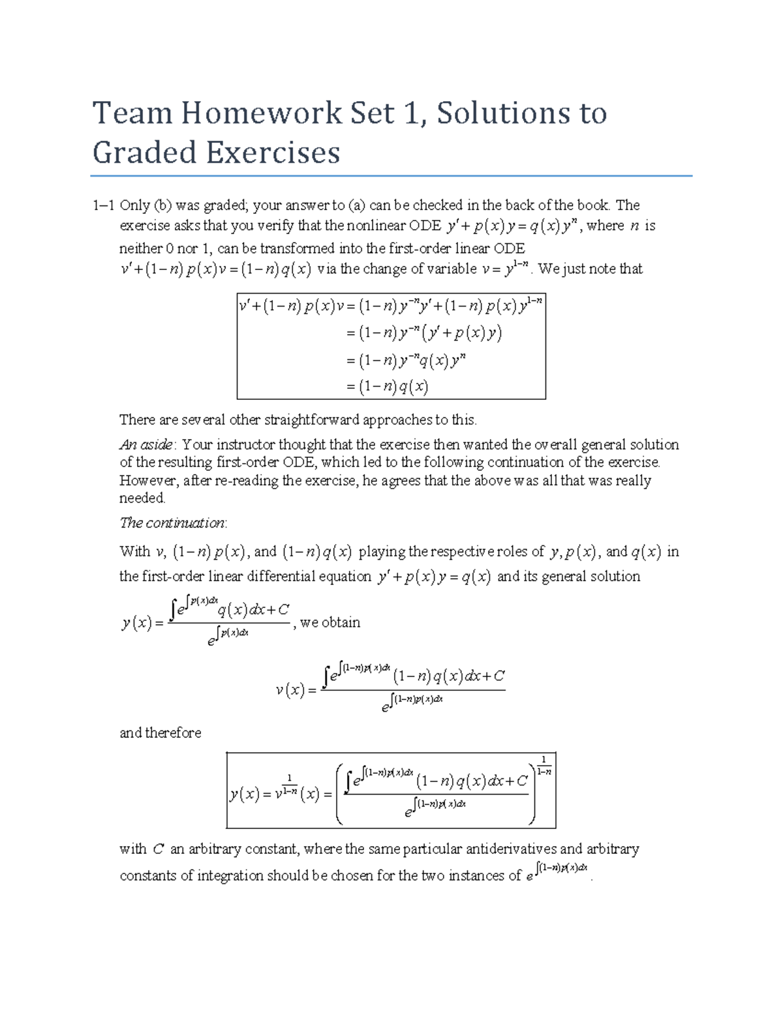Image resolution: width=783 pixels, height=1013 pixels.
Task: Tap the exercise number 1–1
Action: point(104,205)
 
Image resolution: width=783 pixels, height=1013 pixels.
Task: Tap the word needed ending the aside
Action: point(142,498)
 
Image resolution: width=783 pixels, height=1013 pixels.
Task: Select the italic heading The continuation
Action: point(173,523)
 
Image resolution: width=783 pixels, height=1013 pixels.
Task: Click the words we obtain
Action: point(330,622)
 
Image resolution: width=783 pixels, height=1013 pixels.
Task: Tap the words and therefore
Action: point(161,733)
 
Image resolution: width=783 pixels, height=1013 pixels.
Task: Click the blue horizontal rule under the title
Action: point(391,176)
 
